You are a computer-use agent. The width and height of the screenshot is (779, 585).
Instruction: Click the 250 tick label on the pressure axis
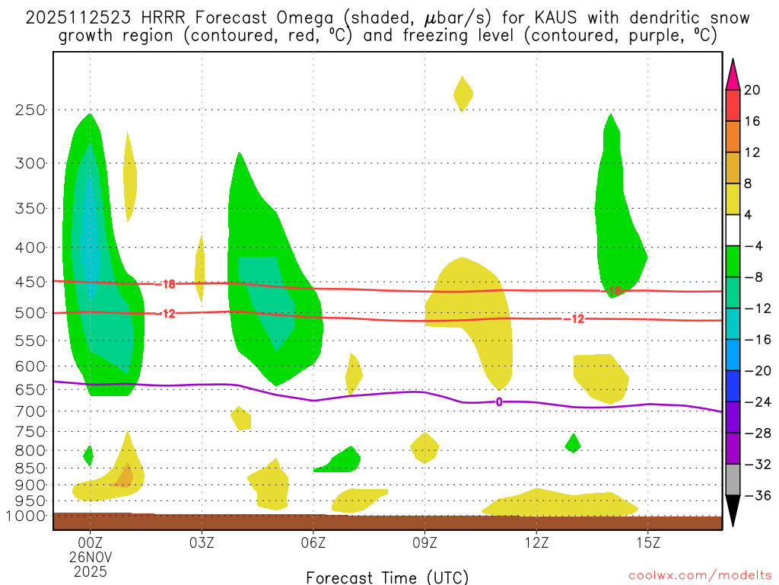pyautogui.click(x=30, y=110)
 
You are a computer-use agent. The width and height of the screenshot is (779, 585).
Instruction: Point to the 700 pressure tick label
pyautogui.click(x=30, y=411)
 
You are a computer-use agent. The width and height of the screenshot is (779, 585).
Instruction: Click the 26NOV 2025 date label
pyautogui.click(x=91, y=564)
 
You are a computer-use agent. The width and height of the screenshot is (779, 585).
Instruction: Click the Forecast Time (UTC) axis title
pyautogui.click(x=387, y=577)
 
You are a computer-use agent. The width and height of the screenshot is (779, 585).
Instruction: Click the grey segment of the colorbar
pyautogui.click(x=733, y=480)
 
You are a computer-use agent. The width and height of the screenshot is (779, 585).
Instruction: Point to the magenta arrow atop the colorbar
pyautogui.click(x=733, y=74)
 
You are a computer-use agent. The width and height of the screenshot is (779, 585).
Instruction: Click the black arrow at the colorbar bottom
pyautogui.click(x=733, y=511)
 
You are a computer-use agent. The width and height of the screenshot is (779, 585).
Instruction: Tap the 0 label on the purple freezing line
pyautogui.click(x=499, y=401)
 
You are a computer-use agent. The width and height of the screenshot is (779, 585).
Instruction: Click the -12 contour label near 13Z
pyautogui.click(x=574, y=318)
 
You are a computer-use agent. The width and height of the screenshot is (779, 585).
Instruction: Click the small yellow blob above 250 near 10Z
pyautogui.click(x=463, y=94)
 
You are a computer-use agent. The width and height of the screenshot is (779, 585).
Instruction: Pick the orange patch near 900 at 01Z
pyautogui.click(x=124, y=475)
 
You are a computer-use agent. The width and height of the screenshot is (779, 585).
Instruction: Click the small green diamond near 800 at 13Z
pyautogui.click(x=573, y=443)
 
